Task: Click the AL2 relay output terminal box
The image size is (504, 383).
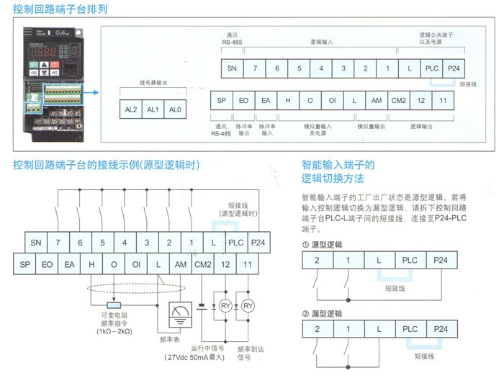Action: pos(130,109)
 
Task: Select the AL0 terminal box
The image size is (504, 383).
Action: pos(175,109)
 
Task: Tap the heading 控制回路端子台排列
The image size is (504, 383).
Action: pos(60,9)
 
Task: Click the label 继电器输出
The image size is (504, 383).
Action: pos(153,83)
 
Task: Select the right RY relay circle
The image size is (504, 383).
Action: pos(248,306)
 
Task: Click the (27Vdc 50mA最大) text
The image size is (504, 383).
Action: pos(194,357)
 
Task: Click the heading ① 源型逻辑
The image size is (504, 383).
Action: pos(323,245)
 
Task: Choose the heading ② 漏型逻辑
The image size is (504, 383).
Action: pos(323,314)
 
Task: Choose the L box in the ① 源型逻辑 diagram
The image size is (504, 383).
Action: pos(379,261)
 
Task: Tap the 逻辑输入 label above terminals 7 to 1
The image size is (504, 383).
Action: pos(321,44)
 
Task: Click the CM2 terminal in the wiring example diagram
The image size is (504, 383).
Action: pos(203,264)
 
